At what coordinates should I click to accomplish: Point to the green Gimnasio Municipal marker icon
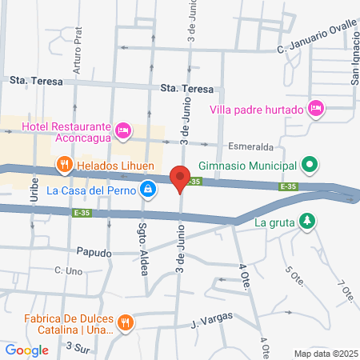[x=311, y=166]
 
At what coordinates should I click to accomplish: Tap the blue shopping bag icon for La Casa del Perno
[x=147, y=189]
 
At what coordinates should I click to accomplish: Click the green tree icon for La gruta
[x=306, y=222]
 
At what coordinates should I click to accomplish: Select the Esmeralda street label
[x=251, y=147]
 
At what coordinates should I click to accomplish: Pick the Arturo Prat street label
[x=78, y=54]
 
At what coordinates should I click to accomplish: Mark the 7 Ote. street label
[x=345, y=292]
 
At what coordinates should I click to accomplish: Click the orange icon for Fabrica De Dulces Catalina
[x=125, y=323]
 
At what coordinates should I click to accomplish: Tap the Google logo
[x=26, y=350]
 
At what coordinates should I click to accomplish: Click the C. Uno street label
[x=70, y=271]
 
